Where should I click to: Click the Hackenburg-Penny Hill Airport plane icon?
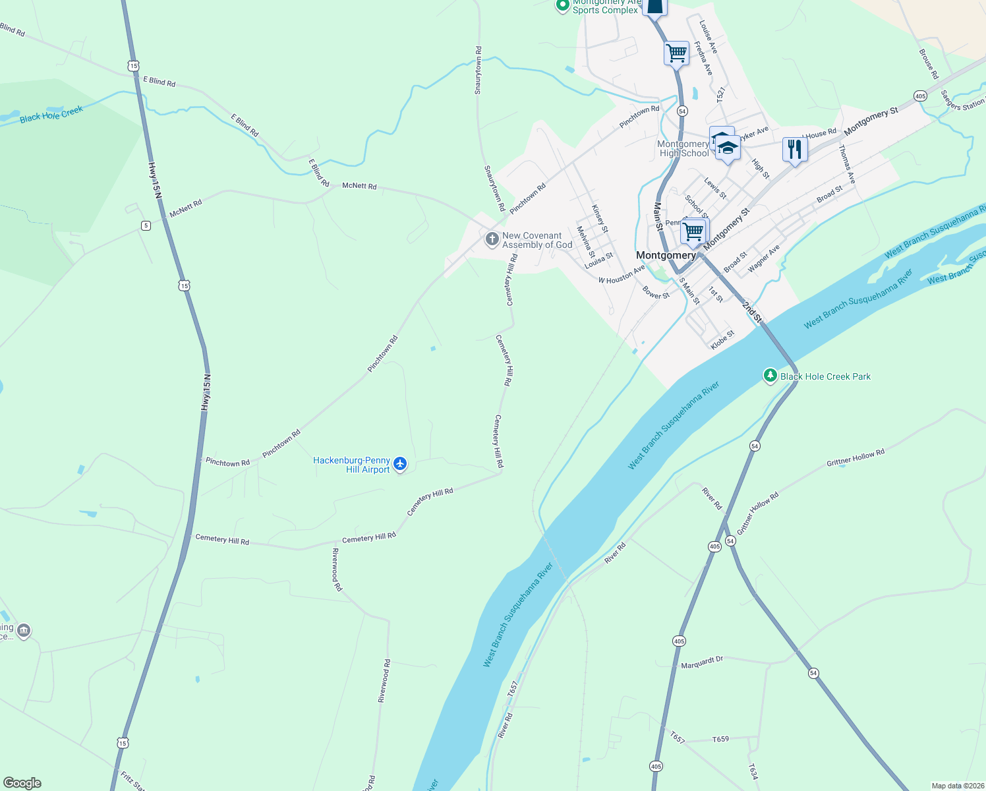400,465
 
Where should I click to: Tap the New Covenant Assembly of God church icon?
492,239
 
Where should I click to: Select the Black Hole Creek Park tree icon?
770,376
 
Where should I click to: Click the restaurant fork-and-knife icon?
795,150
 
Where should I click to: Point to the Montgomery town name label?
666,255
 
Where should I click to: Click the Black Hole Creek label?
51,114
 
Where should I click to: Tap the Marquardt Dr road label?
702,662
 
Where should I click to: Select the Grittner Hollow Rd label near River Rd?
758,513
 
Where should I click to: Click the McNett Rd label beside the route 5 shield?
186,208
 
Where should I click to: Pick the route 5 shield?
146,225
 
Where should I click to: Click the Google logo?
22,782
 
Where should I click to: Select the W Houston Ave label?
622,275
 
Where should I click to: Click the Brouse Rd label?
929,63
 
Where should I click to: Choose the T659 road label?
720,739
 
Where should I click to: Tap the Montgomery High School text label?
683,148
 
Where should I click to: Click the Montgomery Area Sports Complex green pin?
562,6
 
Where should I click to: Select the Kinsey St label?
600,218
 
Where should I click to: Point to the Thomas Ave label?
847,164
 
